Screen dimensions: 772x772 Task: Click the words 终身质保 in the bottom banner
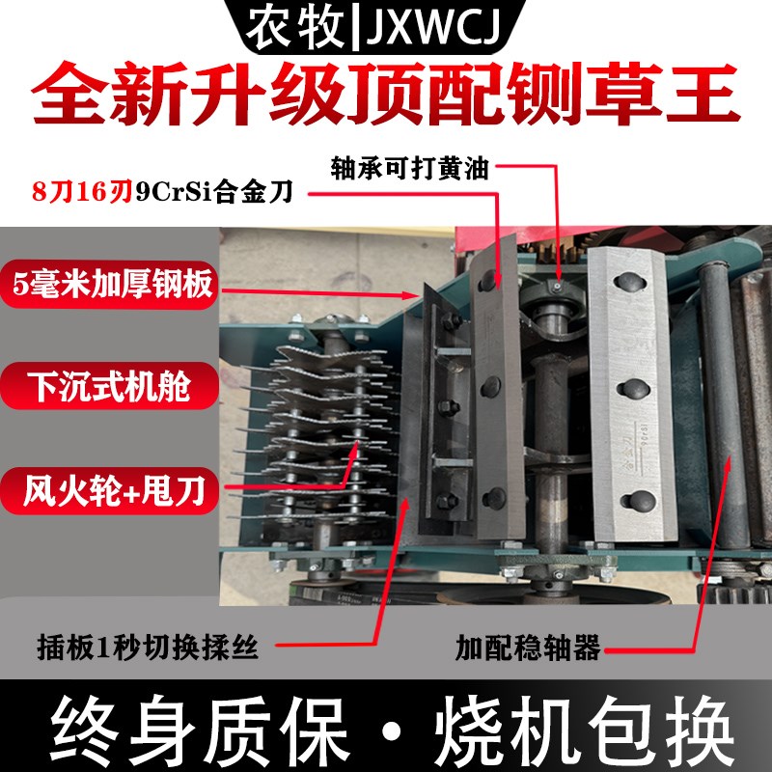point(198,731)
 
